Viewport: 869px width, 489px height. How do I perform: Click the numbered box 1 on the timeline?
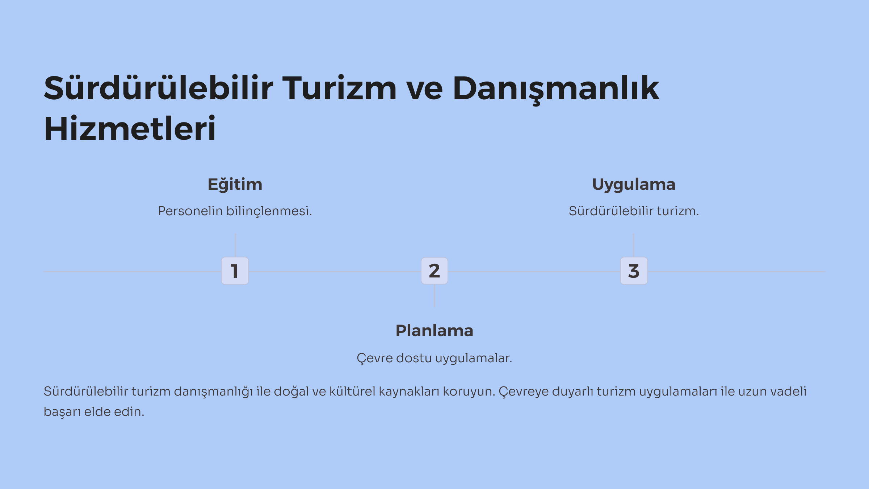tap(235, 271)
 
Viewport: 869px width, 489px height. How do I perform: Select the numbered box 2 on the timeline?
tap(434, 271)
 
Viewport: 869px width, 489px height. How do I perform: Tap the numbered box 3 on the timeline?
tap(634, 271)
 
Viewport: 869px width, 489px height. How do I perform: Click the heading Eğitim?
tap(235, 184)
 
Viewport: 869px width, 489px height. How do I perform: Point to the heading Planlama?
tap(434, 331)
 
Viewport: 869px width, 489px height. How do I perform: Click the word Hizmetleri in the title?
tap(130, 129)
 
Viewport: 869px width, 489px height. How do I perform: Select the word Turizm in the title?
tap(339, 88)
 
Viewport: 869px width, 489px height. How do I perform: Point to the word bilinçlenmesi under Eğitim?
tap(269, 211)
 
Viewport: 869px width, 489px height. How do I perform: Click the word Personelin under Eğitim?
tap(190, 211)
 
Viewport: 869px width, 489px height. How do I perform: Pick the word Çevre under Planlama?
tap(375, 358)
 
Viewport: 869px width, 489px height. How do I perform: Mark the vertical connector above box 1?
tap(235, 245)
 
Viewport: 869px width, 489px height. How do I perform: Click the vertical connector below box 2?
tap(434, 296)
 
